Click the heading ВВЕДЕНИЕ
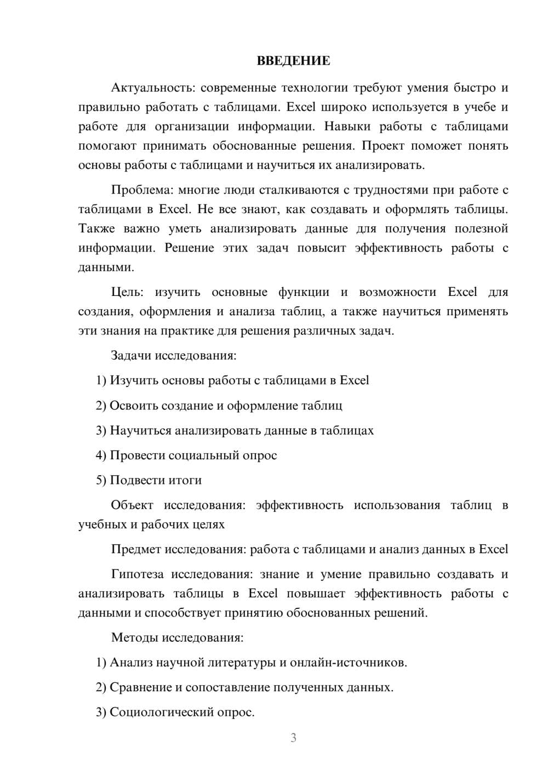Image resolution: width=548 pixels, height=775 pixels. point(293,61)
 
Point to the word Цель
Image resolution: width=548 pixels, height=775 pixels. point(127,292)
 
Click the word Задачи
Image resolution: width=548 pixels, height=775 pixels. point(131,355)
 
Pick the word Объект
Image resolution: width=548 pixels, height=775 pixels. point(132,505)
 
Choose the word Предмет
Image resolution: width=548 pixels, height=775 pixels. point(136,549)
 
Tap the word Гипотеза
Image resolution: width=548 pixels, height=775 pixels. point(137,574)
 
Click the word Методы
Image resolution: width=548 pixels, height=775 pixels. point(133,637)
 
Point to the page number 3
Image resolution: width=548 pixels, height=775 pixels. point(293,738)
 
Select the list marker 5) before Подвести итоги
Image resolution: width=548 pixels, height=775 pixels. point(101,480)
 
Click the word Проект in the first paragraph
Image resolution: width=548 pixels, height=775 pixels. point(383,146)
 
